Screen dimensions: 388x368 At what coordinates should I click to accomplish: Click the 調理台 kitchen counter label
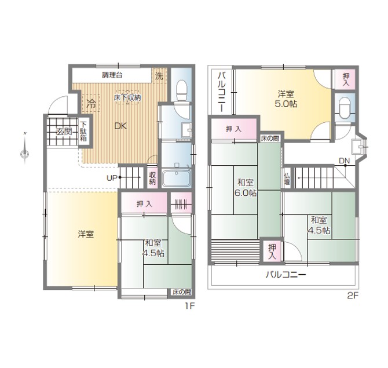tap(112, 75)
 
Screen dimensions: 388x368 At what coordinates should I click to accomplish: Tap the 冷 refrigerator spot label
tap(91, 104)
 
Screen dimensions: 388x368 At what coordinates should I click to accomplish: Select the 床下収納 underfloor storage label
tap(127, 97)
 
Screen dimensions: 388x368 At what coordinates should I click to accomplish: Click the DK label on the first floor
tap(120, 126)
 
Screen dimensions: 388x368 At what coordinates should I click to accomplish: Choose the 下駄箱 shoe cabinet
tap(83, 132)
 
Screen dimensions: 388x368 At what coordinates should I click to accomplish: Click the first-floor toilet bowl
tap(182, 90)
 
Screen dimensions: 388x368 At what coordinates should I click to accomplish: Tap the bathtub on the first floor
tap(177, 178)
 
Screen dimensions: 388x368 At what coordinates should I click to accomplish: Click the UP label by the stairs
tap(112, 177)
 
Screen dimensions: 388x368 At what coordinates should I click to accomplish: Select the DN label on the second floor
tap(344, 161)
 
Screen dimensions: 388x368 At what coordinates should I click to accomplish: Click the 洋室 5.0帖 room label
tap(286, 99)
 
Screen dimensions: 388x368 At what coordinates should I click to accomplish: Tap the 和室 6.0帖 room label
tap(246, 188)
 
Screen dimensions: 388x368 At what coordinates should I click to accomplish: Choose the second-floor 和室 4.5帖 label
tap(319, 225)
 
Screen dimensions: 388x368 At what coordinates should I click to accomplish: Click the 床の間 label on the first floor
tap(182, 292)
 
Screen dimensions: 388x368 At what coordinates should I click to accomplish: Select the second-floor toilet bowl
tap(344, 108)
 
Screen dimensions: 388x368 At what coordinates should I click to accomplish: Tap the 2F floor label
tap(353, 295)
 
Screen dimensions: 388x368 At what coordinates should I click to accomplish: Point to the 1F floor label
tap(190, 307)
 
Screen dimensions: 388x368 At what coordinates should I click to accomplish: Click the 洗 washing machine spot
tap(159, 76)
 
